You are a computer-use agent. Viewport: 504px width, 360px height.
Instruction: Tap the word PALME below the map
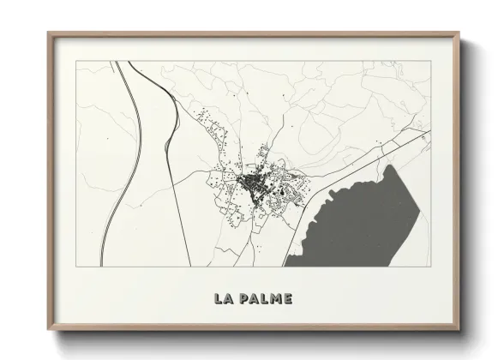pyautogui.click(x=267, y=299)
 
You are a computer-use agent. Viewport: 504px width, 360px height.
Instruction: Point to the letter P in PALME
pyautogui.click(x=243, y=299)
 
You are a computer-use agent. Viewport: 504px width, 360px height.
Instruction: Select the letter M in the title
pyautogui.click(x=276, y=299)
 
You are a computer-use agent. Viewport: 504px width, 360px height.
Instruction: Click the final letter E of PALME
pyautogui.click(x=288, y=299)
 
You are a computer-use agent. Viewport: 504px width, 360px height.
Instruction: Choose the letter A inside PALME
pyautogui.click(x=254, y=299)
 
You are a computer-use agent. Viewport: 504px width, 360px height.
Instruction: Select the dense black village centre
pyautogui.click(x=252, y=182)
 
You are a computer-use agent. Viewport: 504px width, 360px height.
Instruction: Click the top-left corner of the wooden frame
pyautogui.click(x=49, y=33)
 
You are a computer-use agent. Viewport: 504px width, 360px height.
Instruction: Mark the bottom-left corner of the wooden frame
pyautogui.click(x=49, y=330)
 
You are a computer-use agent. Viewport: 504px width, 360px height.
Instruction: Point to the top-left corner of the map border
pyautogui.click(x=76, y=61)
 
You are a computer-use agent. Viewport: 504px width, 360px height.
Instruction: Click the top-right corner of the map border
pyautogui.click(x=430, y=61)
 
